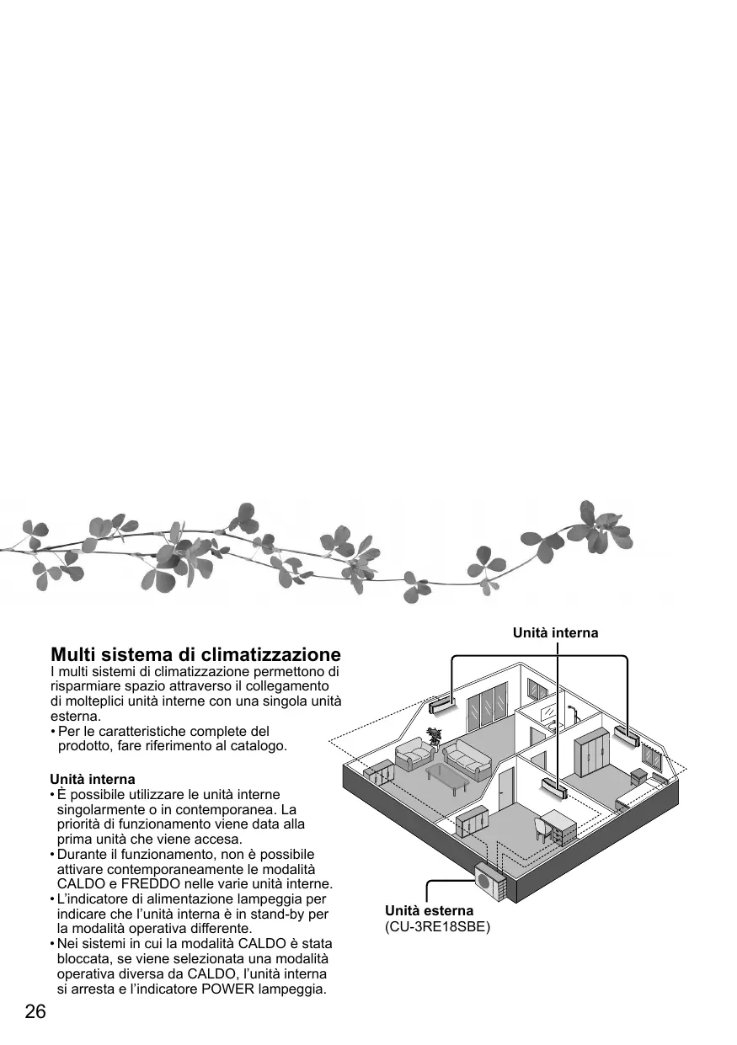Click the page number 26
(x=35, y=1011)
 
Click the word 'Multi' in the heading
(x=75, y=654)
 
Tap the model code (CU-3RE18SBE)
(x=437, y=927)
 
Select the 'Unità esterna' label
(x=430, y=910)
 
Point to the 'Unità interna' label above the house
(x=556, y=632)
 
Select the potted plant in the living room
(x=435, y=736)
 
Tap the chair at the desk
(x=542, y=830)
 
